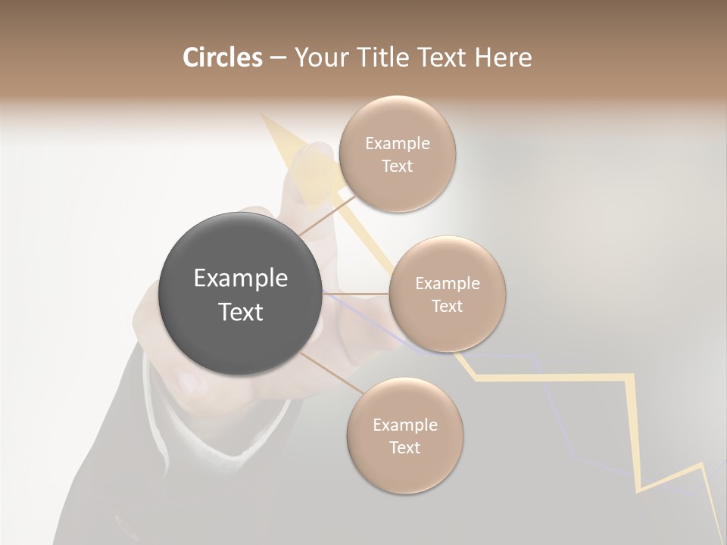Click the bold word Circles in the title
(x=222, y=58)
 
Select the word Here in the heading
(x=503, y=58)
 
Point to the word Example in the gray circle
(x=240, y=279)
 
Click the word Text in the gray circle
(x=240, y=312)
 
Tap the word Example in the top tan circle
(x=397, y=144)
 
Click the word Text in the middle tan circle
(x=447, y=307)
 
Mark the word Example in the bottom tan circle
(x=404, y=425)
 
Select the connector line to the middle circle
(x=356, y=294)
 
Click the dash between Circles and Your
(x=277, y=58)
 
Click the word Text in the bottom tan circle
(x=404, y=448)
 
